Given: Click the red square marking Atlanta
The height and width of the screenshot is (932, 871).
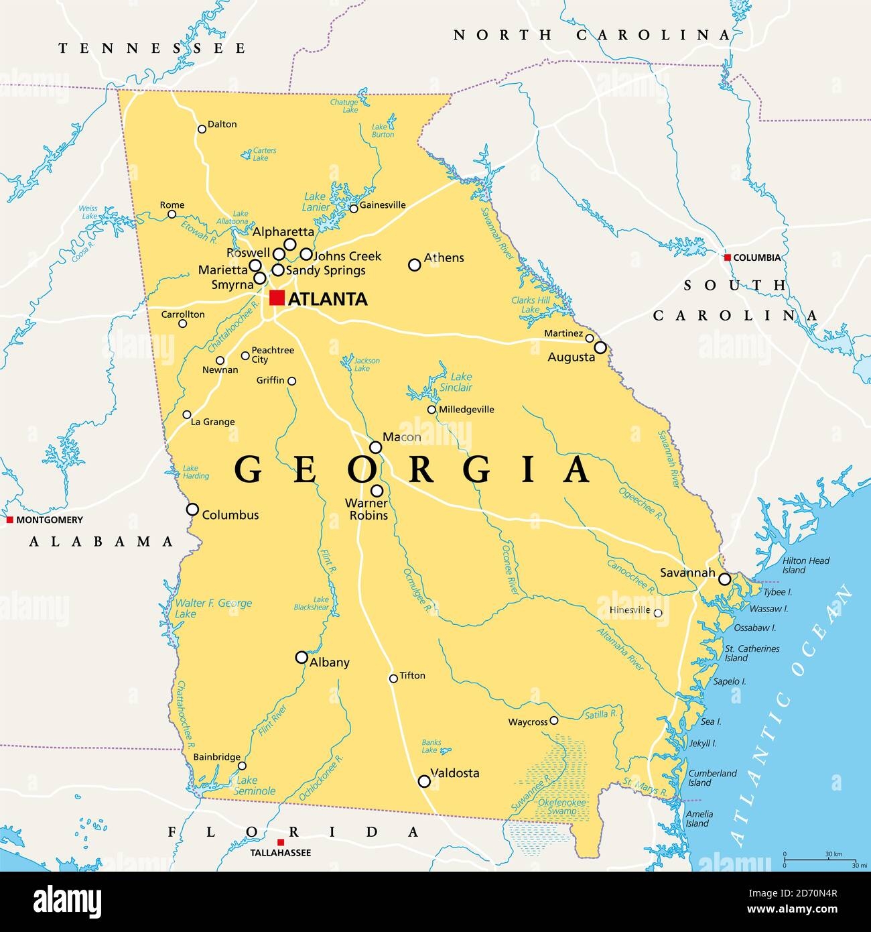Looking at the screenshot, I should tap(277, 298).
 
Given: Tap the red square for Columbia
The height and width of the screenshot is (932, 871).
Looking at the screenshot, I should tap(727, 257).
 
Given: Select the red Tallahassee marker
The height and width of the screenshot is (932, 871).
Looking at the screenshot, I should tap(281, 842).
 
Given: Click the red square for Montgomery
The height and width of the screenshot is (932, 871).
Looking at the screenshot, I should tap(10, 520).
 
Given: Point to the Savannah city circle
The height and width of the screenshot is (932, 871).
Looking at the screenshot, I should tap(725, 579).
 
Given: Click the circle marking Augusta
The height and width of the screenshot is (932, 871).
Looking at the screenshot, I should tap(600, 347).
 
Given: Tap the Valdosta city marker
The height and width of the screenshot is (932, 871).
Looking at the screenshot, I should tap(424, 781).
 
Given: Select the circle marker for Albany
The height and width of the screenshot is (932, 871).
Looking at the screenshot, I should tap(302, 657).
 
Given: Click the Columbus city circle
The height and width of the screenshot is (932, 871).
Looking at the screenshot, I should tap(192, 510).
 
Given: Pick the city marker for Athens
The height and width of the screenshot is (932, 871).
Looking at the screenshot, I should tap(415, 265).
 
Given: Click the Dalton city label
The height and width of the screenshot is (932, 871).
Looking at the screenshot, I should tap(222, 124).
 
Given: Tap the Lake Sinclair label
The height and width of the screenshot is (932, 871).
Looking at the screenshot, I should tap(456, 382).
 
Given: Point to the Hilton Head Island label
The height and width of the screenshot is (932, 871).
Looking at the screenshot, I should tap(805, 565).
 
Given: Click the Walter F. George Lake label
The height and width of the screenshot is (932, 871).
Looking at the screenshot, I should tap(213, 608).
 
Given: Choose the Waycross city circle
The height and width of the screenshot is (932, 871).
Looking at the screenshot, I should tap(553, 721).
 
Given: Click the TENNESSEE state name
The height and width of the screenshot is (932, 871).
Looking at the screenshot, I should tap(152, 48).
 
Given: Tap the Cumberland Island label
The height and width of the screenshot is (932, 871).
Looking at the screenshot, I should tap(712, 778).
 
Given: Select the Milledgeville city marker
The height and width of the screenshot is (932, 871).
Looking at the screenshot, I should tap(432, 410).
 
